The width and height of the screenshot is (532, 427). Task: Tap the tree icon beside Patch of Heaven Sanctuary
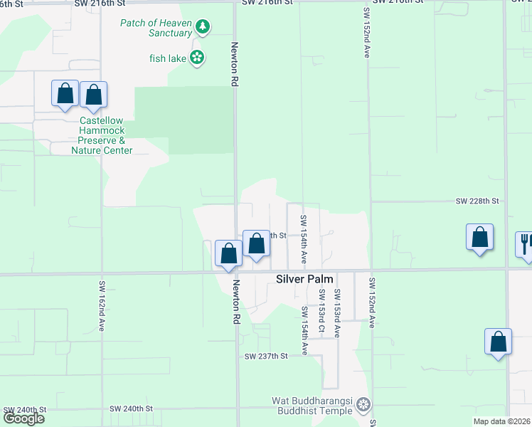(203, 27)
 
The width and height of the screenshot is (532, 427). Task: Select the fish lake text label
(167, 58)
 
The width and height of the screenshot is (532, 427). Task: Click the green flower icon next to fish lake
(197, 58)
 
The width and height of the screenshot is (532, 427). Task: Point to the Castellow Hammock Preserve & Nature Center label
(102, 135)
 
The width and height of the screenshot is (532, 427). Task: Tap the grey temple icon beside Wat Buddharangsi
(363, 406)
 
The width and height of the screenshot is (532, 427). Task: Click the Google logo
(23, 418)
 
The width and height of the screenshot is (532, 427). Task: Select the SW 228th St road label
(477, 201)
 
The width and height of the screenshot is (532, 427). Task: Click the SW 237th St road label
(265, 356)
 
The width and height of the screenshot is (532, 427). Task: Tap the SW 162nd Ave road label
(102, 305)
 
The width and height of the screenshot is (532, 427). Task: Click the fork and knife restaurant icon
(525, 243)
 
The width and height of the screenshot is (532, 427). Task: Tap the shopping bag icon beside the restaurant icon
(480, 238)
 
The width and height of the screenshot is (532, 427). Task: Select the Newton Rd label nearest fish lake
(233, 64)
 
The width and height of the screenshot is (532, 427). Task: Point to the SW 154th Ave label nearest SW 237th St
(304, 330)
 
